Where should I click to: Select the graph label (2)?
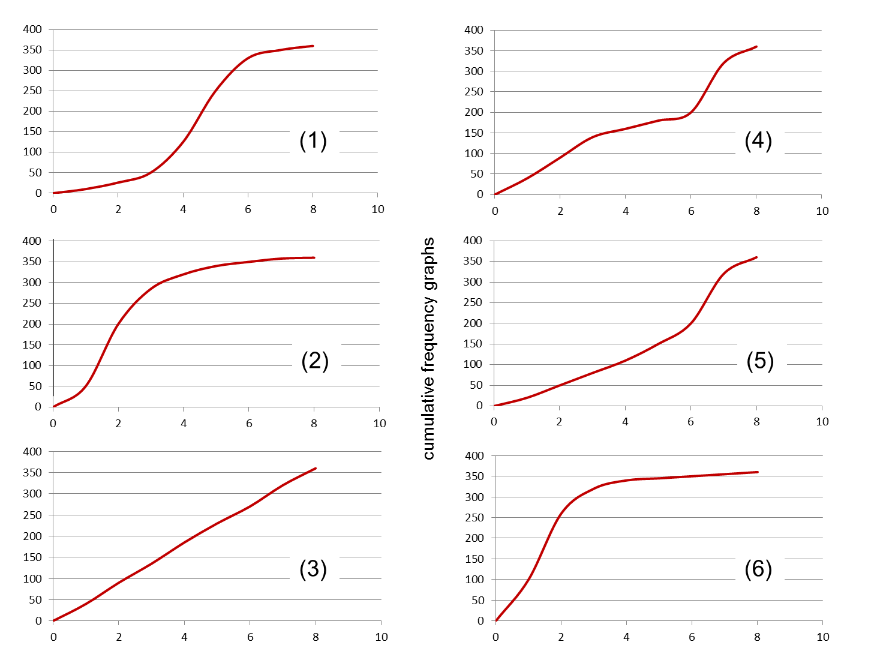[315, 361]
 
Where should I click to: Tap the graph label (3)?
[313, 568]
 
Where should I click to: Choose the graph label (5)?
[760, 361]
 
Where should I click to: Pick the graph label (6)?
[758, 568]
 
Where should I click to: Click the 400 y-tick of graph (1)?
[32, 29]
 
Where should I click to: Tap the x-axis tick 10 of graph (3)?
[382, 637]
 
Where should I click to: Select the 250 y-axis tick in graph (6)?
[474, 518]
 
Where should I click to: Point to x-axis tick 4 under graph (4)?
[626, 211]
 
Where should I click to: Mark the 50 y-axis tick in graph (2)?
[35, 386]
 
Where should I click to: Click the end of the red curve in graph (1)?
[313, 46]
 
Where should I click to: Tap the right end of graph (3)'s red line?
[315, 469]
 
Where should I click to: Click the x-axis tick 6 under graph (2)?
[249, 424]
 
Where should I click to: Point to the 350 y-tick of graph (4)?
[474, 50]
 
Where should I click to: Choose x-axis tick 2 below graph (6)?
[561, 637]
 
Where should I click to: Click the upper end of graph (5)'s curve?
[756, 257]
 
